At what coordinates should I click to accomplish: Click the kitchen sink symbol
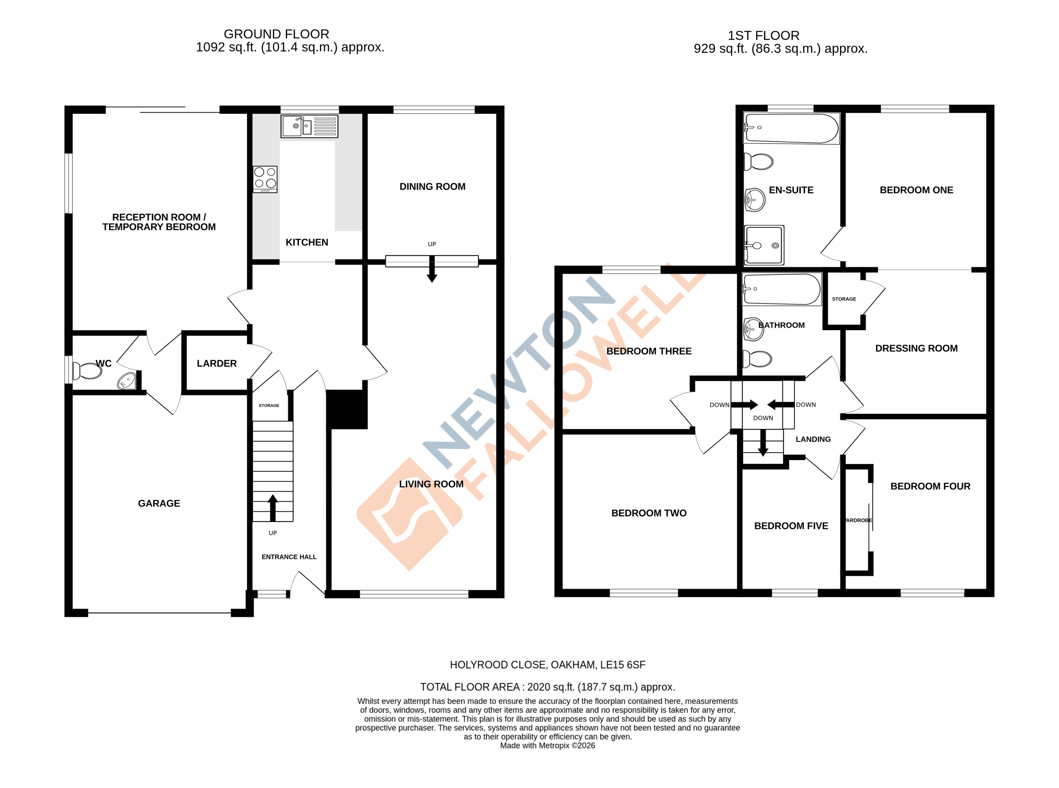(309, 126)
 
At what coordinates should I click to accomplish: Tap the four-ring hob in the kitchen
(265, 179)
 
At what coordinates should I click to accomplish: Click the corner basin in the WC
(127, 381)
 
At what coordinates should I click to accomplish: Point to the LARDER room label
(216, 363)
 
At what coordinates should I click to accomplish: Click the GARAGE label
(159, 503)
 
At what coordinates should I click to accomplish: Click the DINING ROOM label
(432, 186)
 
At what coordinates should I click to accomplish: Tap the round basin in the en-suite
(755, 200)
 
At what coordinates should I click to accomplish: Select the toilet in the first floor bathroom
(758, 359)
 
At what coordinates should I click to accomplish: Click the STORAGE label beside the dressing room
(844, 299)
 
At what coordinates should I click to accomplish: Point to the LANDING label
(813, 439)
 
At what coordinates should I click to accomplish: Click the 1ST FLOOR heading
(763, 35)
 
